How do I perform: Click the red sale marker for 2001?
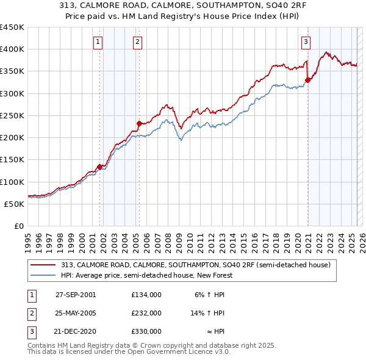coord(99,167)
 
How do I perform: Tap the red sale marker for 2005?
coord(139,123)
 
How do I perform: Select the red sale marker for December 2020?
coord(307,80)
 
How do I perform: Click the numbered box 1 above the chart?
coord(98,42)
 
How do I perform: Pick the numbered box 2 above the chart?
coord(138,42)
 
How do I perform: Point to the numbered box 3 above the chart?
coord(306,42)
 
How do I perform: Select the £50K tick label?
coord(15,204)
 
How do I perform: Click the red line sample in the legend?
coord(43,265)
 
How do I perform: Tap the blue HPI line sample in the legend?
coord(43,275)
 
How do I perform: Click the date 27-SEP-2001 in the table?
coord(76,295)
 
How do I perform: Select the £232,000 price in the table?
coord(146,313)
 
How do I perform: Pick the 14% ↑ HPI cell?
coord(207,313)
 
